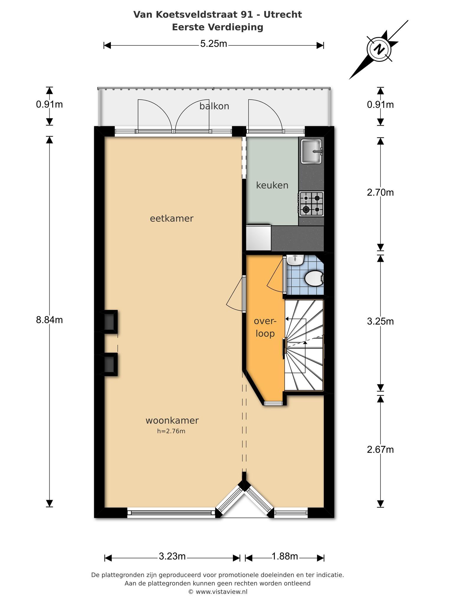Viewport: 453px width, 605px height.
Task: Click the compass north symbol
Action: point(379,49)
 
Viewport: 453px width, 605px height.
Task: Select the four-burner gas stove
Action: point(311,204)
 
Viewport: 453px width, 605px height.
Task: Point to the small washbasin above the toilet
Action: point(295,260)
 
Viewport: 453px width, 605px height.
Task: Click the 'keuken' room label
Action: point(272,186)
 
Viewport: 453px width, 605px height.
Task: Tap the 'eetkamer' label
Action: point(172,219)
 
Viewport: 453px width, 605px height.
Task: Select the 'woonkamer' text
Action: point(172,421)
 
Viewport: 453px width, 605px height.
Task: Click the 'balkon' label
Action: point(214,106)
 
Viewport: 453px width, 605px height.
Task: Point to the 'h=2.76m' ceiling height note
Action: point(171,431)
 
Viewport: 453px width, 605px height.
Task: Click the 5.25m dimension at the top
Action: point(214,44)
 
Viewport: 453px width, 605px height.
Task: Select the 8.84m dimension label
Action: point(49,320)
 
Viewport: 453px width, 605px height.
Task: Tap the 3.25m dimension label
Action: point(380,321)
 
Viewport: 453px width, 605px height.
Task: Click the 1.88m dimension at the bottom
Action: point(285,557)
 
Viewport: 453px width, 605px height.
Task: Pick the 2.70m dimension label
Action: point(380,193)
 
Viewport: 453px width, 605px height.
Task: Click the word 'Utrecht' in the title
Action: point(283,14)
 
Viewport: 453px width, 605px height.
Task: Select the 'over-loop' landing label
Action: point(265,327)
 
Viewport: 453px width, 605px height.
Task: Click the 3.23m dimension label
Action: point(172,557)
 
